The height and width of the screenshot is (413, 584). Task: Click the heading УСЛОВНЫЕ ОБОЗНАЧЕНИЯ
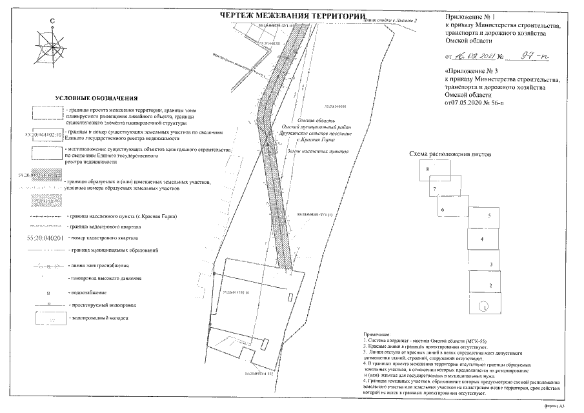pos(96,97)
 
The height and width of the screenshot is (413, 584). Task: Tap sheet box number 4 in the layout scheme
pos(482,239)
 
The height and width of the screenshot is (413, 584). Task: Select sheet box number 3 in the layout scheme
pos(491,264)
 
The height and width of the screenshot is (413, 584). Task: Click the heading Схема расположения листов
pos(450,155)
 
